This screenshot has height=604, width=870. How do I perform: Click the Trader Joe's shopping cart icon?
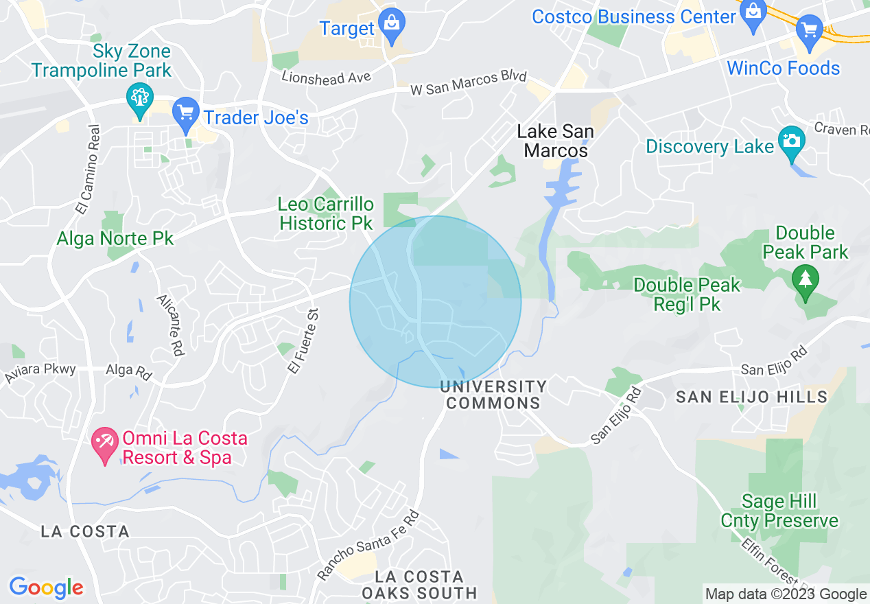click(x=185, y=113)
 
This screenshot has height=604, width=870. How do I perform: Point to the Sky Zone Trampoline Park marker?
click(x=140, y=100)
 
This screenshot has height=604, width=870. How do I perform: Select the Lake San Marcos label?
click(x=555, y=141)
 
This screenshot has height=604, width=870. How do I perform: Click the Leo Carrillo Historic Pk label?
click(x=326, y=213)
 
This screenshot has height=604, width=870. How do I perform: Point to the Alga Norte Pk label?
click(x=115, y=239)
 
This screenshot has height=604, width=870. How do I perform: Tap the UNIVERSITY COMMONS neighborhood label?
click(x=493, y=395)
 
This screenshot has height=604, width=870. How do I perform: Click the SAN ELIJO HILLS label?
click(x=751, y=397)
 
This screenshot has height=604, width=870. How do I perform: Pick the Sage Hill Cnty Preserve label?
click(x=779, y=511)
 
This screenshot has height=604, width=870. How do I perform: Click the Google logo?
click(x=46, y=588)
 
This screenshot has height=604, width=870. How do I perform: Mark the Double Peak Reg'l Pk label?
click(x=687, y=294)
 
